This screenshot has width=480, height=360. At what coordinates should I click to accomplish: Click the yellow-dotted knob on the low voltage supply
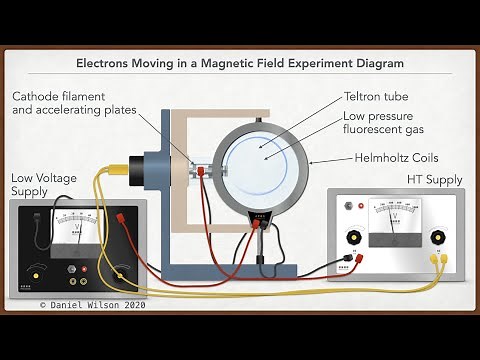(x=122, y=272)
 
